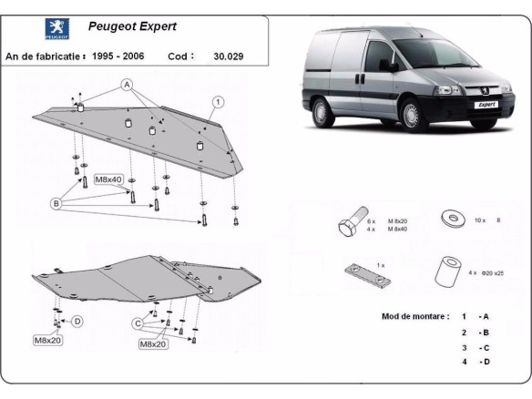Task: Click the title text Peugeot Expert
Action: click(133, 26)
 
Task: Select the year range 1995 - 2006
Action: click(123, 56)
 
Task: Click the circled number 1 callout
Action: click(219, 101)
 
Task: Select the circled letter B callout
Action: click(56, 205)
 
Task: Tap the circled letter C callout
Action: click(138, 322)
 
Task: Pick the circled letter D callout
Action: click(77, 321)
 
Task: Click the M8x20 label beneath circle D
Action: click(48, 341)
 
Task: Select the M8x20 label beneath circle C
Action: click(153, 344)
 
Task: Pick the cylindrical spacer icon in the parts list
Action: click(446, 270)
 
